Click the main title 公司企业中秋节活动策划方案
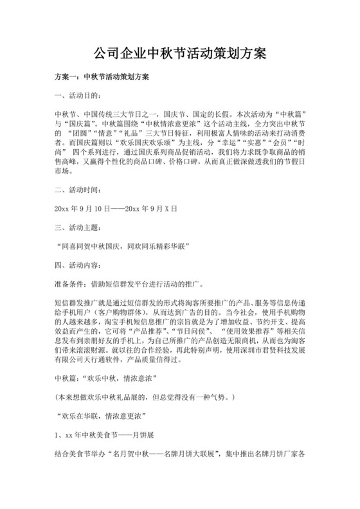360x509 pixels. pyautogui.click(x=180, y=52)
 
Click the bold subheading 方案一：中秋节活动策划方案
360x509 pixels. pyautogui.click(x=101, y=78)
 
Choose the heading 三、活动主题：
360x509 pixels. pyautogui.click(x=77, y=227)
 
